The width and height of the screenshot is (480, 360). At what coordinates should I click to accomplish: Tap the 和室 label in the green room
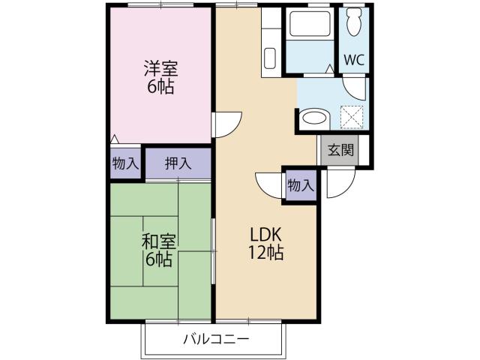[159, 242]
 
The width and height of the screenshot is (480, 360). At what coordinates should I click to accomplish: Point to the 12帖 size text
[266, 253]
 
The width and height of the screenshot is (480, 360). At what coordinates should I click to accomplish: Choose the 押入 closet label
[178, 163]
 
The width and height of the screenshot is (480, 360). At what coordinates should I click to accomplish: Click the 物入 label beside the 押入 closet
[125, 163]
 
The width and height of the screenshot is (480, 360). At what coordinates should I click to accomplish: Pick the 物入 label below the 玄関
[301, 185]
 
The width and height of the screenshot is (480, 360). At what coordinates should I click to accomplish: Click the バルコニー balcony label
[216, 339]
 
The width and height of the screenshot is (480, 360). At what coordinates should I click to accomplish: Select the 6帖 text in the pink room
[160, 87]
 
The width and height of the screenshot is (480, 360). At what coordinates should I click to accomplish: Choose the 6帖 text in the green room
[159, 260]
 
